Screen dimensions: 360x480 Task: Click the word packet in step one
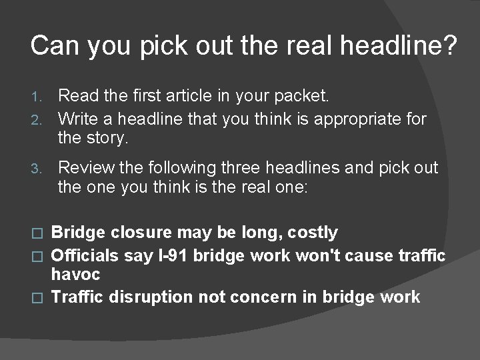point(301,97)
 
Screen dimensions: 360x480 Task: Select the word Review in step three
point(83,168)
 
